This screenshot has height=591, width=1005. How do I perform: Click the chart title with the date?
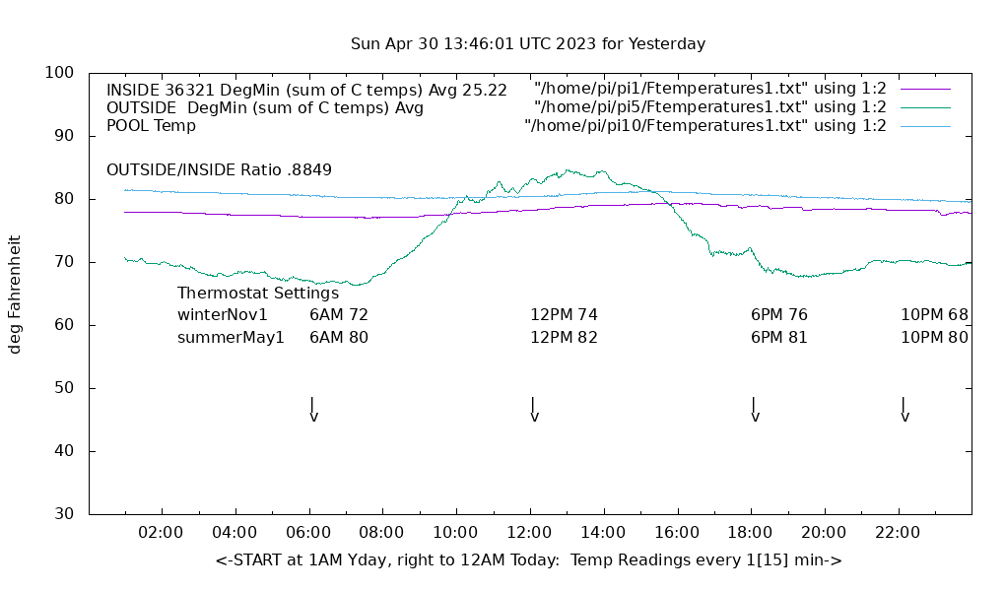pyautogui.click(x=528, y=44)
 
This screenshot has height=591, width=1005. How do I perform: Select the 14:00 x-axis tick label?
pyautogui.click(x=603, y=533)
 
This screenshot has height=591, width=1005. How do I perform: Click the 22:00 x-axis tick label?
pyautogui.click(x=898, y=533)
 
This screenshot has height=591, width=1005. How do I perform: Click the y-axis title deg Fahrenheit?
pyautogui.click(x=15, y=294)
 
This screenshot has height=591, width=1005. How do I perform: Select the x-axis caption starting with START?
pyautogui.click(x=528, y=560)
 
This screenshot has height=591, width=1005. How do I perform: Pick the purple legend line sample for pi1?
pyautogui.click(x=924, y=90)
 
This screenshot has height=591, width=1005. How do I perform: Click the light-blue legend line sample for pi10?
pyautogui.click(x=924, y=126)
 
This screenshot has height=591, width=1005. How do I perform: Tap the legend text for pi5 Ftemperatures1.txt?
pyautogui.click(x=709, y=107)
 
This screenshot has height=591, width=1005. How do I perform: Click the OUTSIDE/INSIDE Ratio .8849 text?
pyautogui.click(x=219, y=169)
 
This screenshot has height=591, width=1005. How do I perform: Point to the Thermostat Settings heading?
pyautogui.click(x=258, y=293)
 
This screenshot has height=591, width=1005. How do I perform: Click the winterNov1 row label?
pyautogui.click(x=223, y=315)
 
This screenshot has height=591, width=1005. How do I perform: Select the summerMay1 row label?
pyautogui.click(x=231, y=337)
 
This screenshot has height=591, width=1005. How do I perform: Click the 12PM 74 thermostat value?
pyautogui.click(x=564, y=315)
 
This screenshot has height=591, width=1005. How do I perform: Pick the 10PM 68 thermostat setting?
pyautogui.click(x=934, y=315)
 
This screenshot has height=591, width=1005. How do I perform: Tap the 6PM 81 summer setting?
pyautogui.click(x=778, y=337)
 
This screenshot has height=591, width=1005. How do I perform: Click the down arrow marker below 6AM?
pyautogui.click(x=313, y=409)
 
